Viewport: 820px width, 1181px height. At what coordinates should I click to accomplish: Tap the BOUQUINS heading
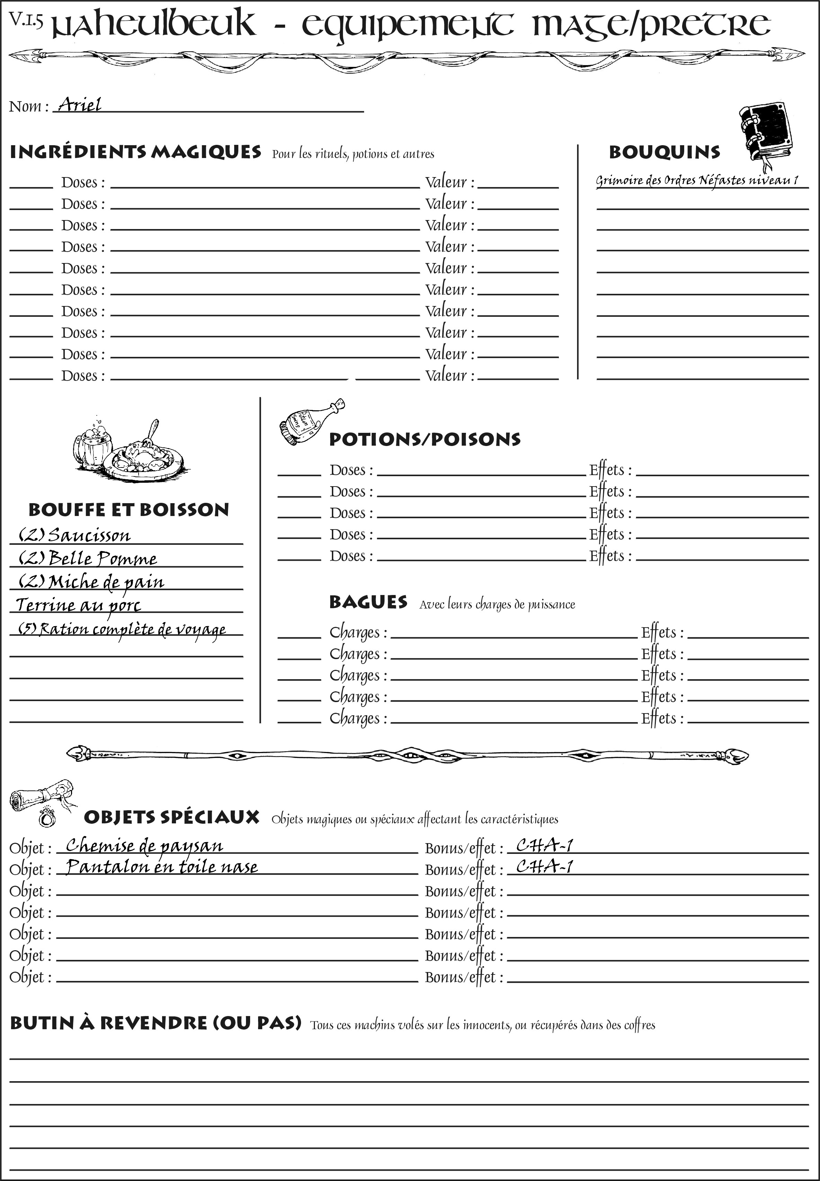[x=664, y=152]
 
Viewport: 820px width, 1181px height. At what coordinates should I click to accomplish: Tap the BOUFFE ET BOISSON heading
[x=129, y=510]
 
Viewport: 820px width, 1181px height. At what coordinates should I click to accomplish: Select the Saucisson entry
[x=75, y=535]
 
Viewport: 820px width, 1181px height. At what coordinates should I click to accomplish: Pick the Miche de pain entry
[x=91, y=582]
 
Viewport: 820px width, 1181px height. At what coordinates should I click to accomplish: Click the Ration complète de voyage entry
[x=122, y=629]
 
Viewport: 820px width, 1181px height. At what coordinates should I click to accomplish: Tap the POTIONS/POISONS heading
[x=424, y=439]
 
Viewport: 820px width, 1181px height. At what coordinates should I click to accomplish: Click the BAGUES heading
[x=368, y=602]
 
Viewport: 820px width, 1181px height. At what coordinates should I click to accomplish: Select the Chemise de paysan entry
[x=144, y=845]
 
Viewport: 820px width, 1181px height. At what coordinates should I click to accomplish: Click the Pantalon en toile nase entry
[x=162, y=866]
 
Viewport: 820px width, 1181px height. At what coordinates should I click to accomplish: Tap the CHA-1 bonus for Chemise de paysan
[x=544, y=845]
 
